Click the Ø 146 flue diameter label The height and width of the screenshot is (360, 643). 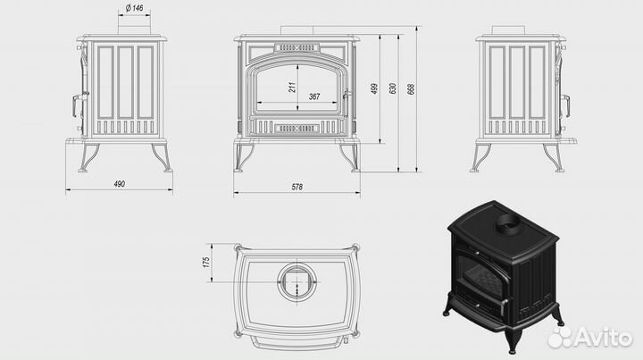coord(135,8)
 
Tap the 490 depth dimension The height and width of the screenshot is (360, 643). coord(120,184)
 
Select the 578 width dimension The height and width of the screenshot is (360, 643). coord(296,187)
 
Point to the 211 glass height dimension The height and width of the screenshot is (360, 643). coord(292,88)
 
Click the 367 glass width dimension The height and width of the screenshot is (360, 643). coord(314,96)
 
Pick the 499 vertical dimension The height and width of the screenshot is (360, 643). coord(374,89)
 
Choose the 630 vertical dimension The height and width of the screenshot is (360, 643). coord(392,89)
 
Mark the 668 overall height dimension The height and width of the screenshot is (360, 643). coord(412,89)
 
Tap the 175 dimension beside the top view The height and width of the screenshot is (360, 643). coord(206,263)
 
